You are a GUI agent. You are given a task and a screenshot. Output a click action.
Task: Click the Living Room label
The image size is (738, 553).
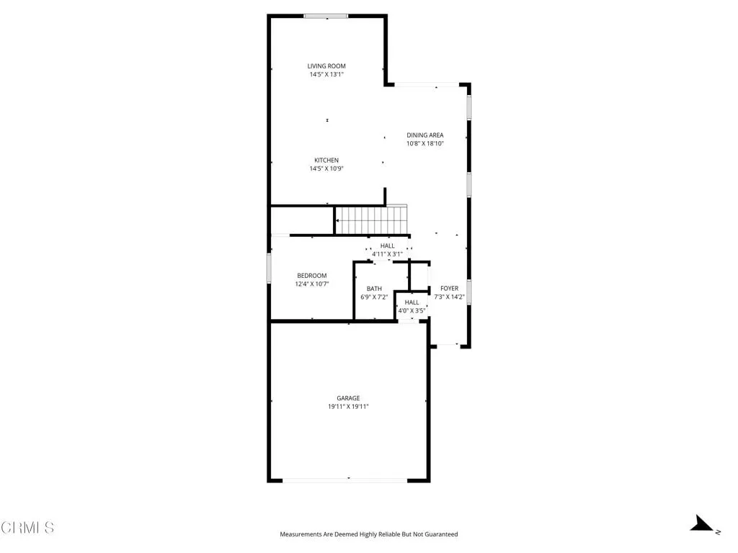(x=326, y=66)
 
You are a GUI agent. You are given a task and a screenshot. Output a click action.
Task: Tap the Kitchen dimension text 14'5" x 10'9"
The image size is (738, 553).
(x=326, y=168)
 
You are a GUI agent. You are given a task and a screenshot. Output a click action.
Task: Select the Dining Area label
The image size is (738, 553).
(x=425, y=135)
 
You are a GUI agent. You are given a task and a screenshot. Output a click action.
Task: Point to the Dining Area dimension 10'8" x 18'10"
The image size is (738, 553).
(x=425, y=143)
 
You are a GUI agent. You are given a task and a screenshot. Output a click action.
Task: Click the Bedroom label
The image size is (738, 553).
(x=311, y=276)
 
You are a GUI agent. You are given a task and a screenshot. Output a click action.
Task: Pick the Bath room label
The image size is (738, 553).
(x=374, y=289)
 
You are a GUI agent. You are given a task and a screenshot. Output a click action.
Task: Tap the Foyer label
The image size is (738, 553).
(x=450, y=288)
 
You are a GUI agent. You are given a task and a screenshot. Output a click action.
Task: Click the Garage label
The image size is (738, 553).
(x=348, y=398)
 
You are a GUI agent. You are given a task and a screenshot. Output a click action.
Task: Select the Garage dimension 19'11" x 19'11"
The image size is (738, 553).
(x=348, y=407)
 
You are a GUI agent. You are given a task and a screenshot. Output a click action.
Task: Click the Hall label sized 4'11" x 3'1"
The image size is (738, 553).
(x=387, y=246)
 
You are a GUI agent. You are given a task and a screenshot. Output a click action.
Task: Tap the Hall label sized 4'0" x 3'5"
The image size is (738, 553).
(x=412, y=302)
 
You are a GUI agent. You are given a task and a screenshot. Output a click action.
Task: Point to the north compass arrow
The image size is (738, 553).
(x=701, y=524)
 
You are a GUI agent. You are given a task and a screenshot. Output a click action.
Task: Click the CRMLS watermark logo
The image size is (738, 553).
(x=27, y=527)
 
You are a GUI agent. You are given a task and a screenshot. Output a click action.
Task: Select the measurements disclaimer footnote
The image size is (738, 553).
(x=368, y=534)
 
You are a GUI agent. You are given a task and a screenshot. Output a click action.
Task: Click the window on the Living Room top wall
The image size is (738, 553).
(x=326, y=16)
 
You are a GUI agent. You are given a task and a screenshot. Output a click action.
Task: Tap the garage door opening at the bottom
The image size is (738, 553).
(x=344, y=480)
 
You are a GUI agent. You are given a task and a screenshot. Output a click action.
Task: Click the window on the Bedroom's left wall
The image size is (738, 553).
(x=270, y=269)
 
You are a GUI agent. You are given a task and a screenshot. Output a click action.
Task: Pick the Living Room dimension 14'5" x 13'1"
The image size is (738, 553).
(x=326, y=74)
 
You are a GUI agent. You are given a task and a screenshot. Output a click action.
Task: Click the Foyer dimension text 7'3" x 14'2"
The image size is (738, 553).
(x=450, y=297)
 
